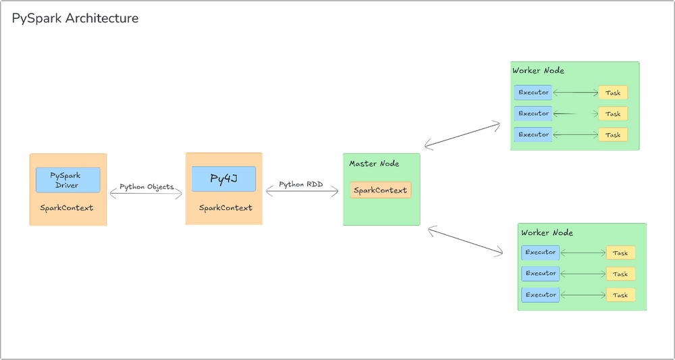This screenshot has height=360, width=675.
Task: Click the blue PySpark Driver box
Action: [x=67, y=180]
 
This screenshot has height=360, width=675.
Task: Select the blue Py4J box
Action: [x=223, y=179]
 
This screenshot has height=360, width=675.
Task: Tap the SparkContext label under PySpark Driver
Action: [x=67, y=208]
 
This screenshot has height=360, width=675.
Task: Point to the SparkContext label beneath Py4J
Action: [x=225, y=208]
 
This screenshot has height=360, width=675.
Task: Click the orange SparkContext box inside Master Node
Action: [x=381, y=190]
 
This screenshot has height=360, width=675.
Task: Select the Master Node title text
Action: [x=374, y=163]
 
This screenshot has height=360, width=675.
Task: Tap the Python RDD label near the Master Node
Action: [x=301, y=184]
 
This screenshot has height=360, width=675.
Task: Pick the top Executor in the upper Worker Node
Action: [x=533, y=93]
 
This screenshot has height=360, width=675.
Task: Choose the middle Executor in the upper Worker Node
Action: [x=533, y=113]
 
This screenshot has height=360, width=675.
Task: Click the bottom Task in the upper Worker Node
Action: [x=613, y=135]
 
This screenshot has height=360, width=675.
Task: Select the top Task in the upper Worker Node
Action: [x=613, y=93]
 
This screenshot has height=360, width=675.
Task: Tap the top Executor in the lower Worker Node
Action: [x=541, y=253]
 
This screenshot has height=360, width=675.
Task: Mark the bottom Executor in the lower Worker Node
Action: [x=541, y=295]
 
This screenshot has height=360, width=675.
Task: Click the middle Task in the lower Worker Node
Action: [x=620, y=274]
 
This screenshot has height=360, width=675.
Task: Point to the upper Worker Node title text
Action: [x=538, y=71]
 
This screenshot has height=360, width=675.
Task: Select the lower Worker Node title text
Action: [x=547, y=233]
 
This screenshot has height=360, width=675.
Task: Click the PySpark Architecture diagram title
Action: [x=76, y=19]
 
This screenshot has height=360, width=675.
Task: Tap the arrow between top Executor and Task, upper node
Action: [x=575, y=93]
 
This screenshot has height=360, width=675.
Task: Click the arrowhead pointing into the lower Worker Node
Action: [x=500, y=253]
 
